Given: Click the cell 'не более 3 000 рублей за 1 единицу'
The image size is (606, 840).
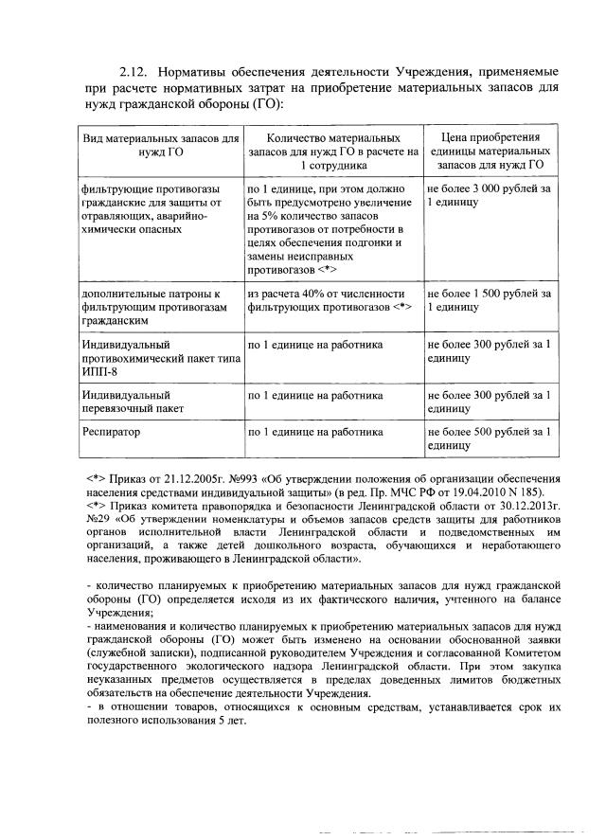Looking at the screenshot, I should (x=487, y=196).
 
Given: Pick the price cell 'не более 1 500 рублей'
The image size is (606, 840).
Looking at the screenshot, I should (x=487, y=300).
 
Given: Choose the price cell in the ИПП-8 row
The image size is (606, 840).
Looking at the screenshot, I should (x=487, y=351).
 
